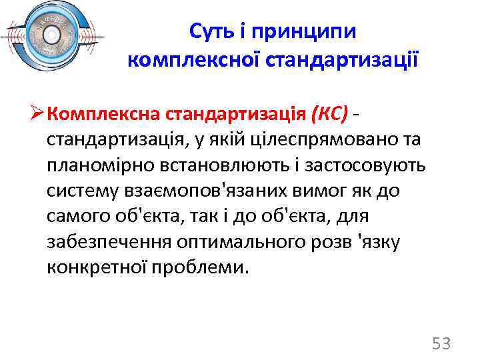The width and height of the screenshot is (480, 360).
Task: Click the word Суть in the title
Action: pos(209,31)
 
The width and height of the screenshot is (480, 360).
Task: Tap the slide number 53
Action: pos(442,344)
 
